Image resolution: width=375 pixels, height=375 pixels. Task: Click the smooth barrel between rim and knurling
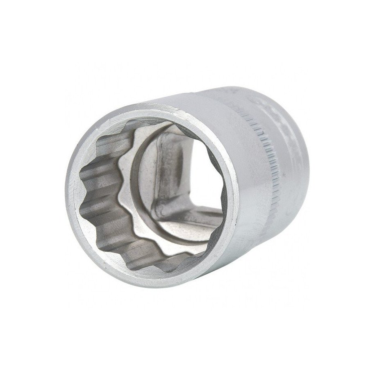[x=230, y=123]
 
